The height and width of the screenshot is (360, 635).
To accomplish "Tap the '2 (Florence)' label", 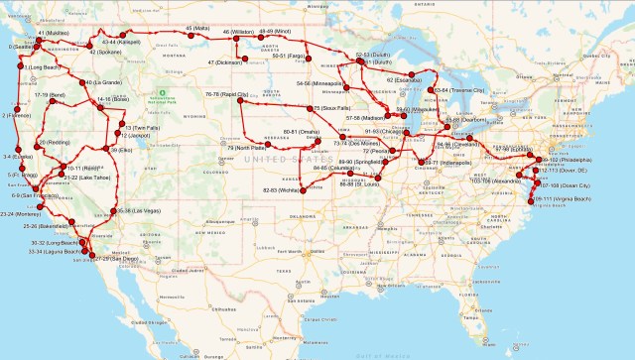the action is click(x=19, y=115).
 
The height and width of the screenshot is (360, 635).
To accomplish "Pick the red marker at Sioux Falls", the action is click(x=311, y=107).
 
